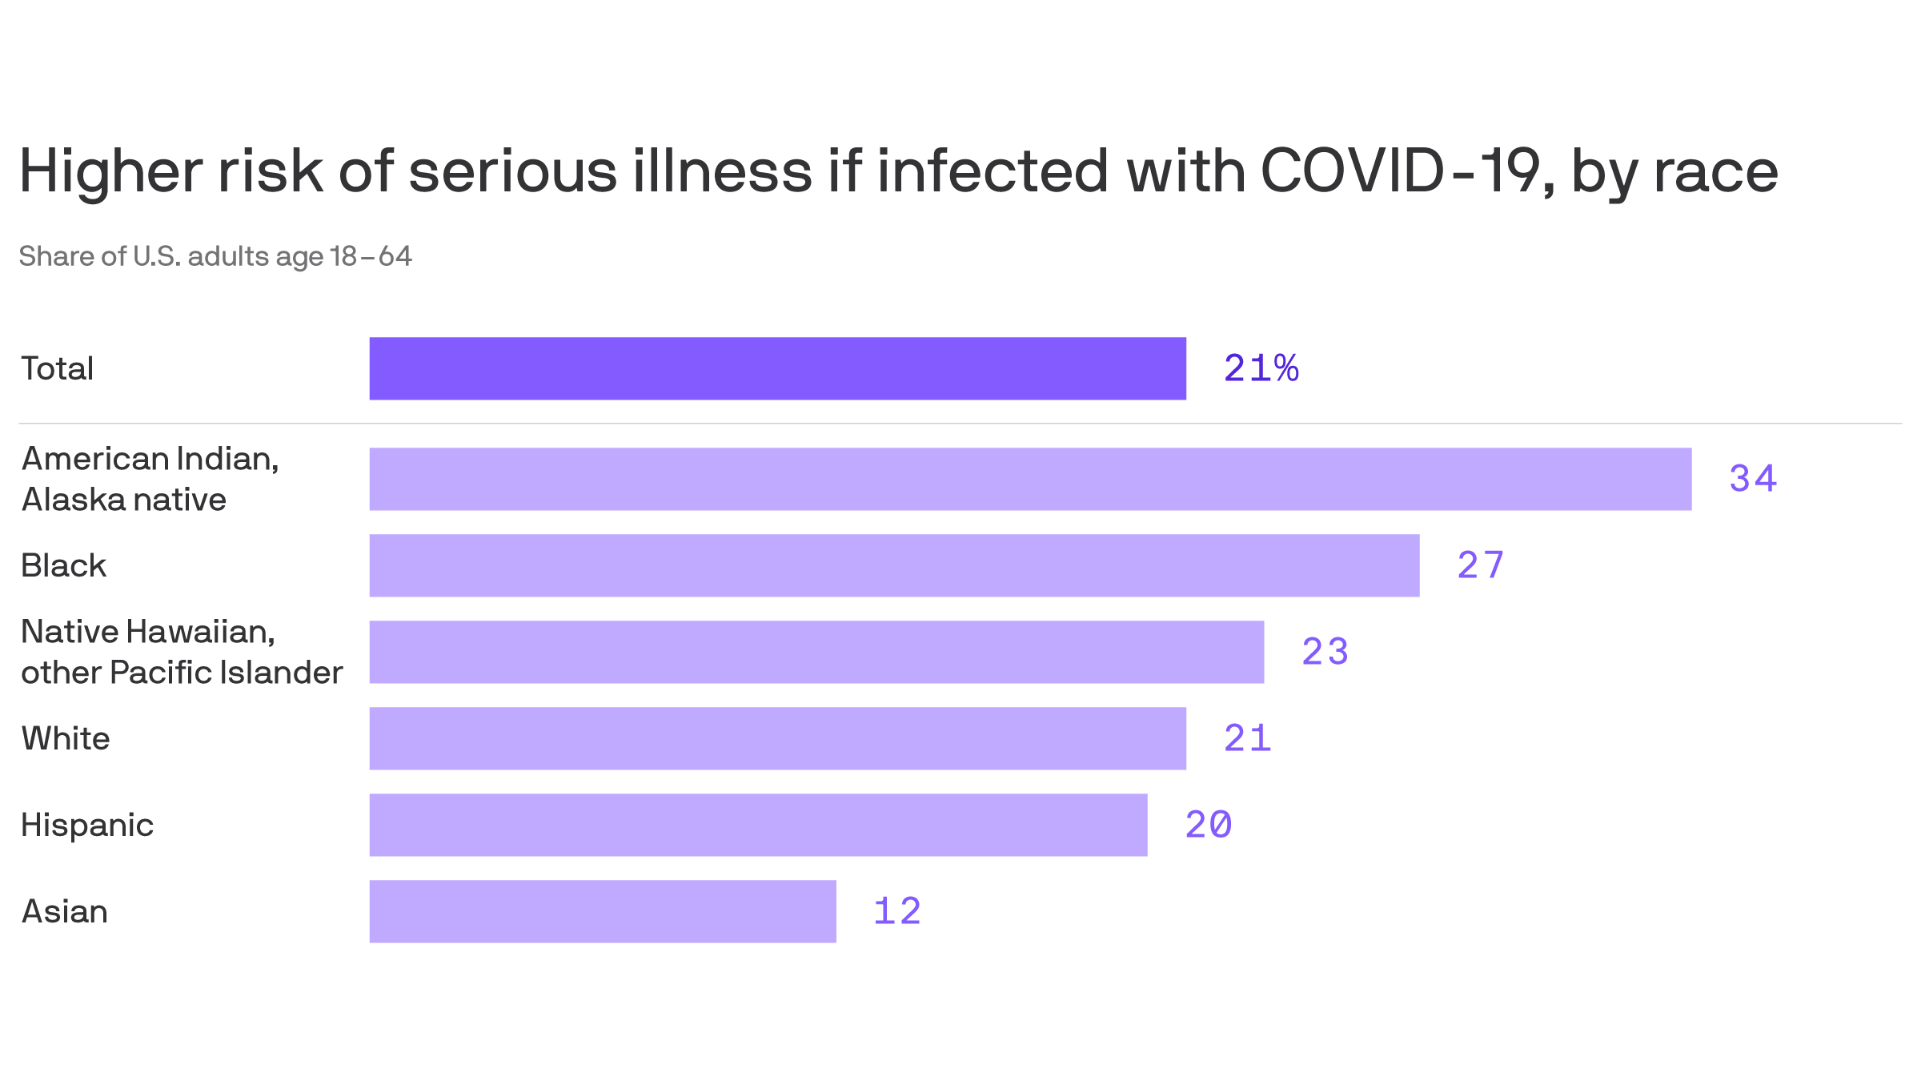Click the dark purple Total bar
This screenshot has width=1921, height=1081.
(x=777, y=368)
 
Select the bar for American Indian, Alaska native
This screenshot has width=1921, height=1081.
(x=1030, y=479)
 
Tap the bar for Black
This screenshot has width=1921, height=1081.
(x=894, y=565)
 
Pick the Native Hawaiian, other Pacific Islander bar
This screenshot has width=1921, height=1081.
(x=816, y=652)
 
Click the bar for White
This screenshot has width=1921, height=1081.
(x=777, y=738)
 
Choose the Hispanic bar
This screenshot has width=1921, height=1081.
(x=758, y=825)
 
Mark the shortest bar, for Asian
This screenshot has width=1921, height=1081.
(x=603, y=911)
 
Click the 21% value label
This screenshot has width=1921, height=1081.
(x=1261, y=368)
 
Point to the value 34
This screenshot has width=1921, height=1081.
(x=1752, y=479)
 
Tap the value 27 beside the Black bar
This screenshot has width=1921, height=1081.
(x=1480, y=565)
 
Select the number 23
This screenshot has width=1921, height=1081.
(x=1325, y=652)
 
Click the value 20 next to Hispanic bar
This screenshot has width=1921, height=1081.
(x=1208, y=825)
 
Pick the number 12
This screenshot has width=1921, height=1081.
(x=896, y=911)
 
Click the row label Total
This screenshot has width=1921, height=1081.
(x=58, y=368)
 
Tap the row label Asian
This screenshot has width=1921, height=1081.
(x=65, y=911)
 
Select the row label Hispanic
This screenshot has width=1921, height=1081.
(x=87, y=825)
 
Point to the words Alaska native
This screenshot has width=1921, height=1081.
(x=124, y=500)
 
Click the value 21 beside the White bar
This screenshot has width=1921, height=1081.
(x=1247, y=738)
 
